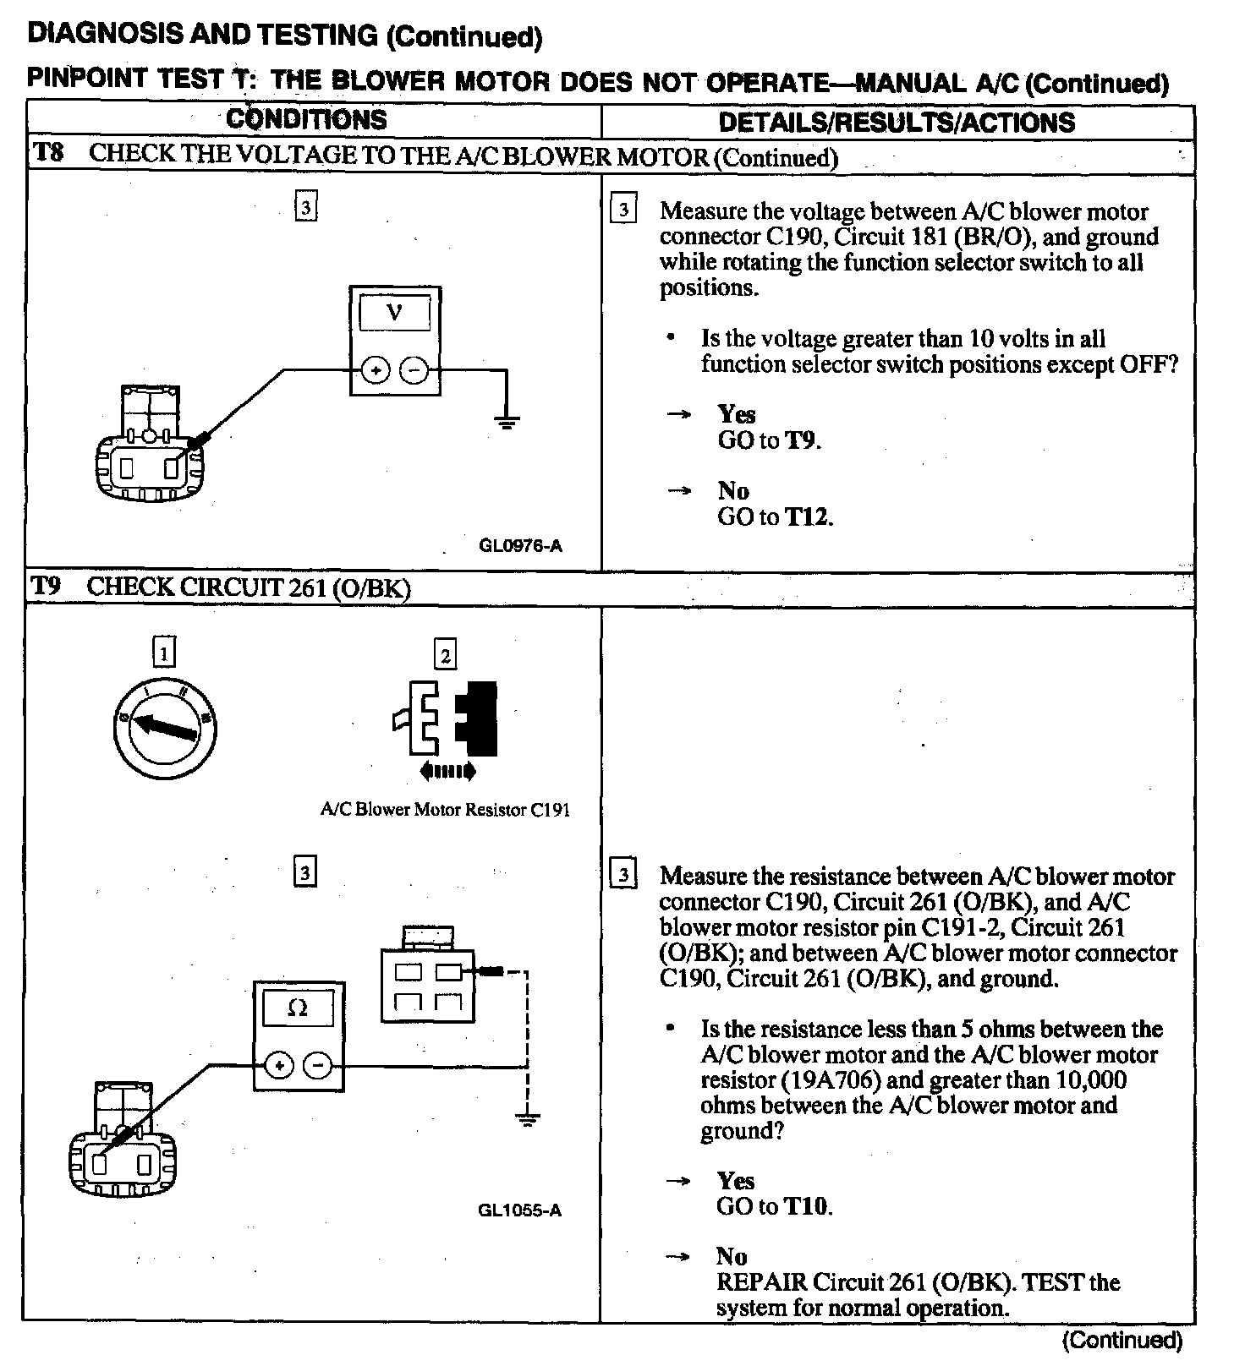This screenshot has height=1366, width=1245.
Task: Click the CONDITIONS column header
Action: pos(306,120)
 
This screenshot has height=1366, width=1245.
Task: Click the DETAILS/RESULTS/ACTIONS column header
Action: pos(897,123)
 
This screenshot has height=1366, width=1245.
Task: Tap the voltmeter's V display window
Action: pos(394,314)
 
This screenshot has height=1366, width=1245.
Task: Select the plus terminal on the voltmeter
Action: pos(375,369)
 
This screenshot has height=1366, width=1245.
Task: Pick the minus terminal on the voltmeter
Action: pos(414,369)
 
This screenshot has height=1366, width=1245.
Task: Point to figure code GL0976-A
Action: pos(520,545)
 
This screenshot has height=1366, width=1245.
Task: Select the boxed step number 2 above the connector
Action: pos(445,654)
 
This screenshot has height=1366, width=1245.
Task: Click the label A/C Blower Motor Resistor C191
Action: pos(445,810)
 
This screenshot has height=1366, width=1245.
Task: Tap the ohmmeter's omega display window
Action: pos(298,1008)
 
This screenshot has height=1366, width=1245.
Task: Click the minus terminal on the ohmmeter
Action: pos(318,1065)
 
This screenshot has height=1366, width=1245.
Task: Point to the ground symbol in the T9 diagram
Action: pos(528,1120)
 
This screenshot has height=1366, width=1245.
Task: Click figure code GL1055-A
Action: pos(519,1210)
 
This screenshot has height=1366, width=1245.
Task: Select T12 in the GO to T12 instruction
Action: pos(808,516)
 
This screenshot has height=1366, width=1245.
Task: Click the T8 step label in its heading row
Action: pos(47,154)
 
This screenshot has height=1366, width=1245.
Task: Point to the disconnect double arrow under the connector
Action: pos(447,771)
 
